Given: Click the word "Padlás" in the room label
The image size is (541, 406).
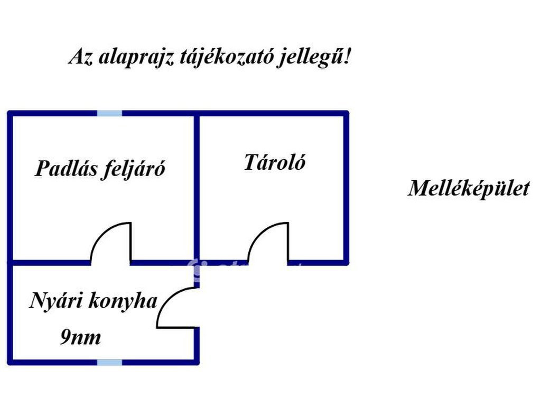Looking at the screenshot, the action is point(66,168).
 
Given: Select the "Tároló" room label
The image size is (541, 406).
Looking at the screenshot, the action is point(275,162).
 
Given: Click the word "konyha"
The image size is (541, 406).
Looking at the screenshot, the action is point(123,300).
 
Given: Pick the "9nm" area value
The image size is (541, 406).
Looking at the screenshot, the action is point(81,337).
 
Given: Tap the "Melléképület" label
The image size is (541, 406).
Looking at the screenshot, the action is point(469,189).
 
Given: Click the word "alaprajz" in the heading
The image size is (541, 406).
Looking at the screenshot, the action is point(136,58).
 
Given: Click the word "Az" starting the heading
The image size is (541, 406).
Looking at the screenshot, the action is point(81,57).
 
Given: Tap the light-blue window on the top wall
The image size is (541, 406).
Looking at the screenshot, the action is point(110,114).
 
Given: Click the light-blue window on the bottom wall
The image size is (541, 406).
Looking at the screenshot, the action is point(110,363).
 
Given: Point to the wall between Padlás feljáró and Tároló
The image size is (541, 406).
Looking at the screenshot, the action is point(197,188).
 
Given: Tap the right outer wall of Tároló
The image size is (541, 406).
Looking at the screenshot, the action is point(346,188).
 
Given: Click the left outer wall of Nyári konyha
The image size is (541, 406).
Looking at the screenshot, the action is point(10,312).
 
